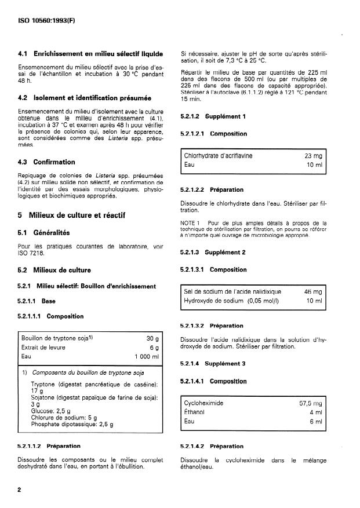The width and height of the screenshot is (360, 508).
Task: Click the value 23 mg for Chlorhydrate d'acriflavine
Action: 313,156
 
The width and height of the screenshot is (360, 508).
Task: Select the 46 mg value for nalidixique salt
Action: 313,292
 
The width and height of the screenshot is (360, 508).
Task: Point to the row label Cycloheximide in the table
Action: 203,402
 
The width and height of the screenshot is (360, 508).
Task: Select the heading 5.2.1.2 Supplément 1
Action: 213,116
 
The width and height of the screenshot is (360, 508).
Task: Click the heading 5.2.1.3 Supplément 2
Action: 213,253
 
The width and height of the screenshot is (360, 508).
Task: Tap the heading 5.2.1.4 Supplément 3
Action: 213,363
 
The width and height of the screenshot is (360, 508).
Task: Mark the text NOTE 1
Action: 191,222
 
